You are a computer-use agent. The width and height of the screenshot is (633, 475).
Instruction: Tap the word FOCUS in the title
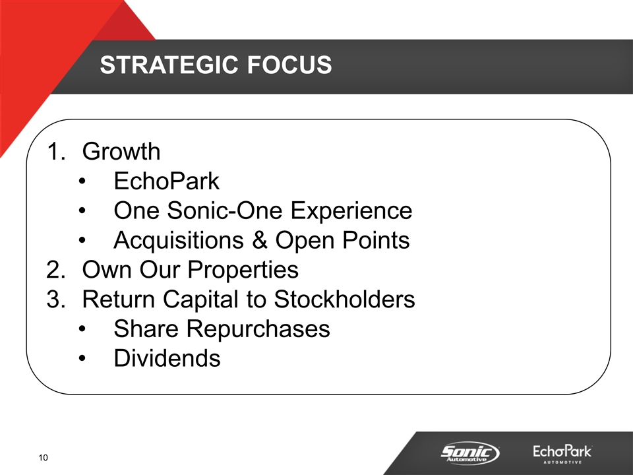289,65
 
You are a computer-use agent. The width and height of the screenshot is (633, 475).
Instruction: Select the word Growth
121,152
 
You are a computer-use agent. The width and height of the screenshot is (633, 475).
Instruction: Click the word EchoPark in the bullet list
166,181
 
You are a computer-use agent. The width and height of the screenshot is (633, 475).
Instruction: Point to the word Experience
351,211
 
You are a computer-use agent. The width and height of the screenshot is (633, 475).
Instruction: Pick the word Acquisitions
179,241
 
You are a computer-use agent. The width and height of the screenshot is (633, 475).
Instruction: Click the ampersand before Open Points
260,240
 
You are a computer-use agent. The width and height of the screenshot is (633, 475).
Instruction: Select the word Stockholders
344,300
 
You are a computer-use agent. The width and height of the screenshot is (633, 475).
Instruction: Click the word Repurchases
258,329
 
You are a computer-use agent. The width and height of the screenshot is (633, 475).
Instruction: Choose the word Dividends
167,358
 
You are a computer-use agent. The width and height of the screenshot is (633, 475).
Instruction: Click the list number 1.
55,152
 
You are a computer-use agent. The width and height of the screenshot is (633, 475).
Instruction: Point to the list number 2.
55,270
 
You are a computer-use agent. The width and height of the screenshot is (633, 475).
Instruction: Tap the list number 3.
55,300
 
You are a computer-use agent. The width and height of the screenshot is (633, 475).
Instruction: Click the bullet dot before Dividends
82,359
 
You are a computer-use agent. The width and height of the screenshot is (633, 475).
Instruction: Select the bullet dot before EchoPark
82,181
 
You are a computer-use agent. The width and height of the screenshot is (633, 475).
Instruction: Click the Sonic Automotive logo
470,453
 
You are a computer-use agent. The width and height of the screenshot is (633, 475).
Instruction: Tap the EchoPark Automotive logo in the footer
562,454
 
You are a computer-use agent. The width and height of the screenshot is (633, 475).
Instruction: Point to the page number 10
44,458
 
